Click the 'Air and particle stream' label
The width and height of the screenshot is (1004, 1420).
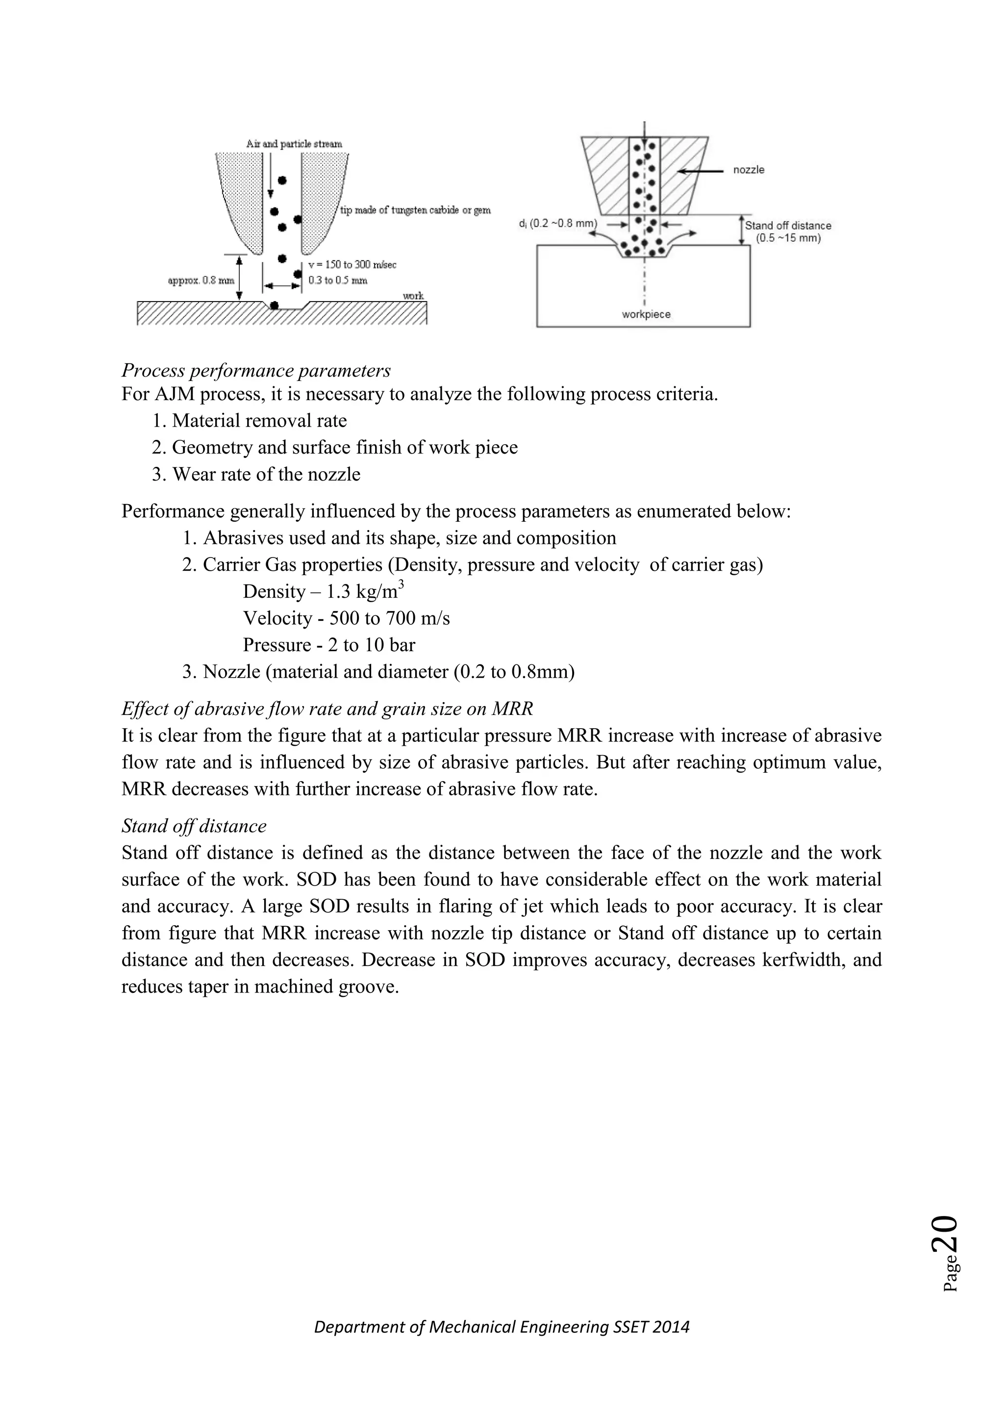[294, 144]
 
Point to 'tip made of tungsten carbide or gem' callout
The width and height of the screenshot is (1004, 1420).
[415, 210]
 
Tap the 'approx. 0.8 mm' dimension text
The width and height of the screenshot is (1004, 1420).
[201, 280]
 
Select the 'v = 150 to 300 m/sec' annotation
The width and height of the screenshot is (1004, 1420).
[352, 265]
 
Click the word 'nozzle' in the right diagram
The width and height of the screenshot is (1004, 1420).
[749, 170]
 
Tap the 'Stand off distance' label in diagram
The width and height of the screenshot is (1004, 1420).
[788, 226]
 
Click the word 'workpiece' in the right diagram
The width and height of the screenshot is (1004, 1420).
[646, 314]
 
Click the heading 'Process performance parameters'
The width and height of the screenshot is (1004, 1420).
[256, 371]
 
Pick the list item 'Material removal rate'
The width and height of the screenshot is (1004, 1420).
[259, 421]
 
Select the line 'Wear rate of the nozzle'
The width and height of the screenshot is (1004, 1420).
[266, 474]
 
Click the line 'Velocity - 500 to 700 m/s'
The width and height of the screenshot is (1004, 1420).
[346, 618]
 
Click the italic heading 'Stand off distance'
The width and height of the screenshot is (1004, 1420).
[194, 826]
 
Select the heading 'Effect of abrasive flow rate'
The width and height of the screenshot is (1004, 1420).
[327, 709]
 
